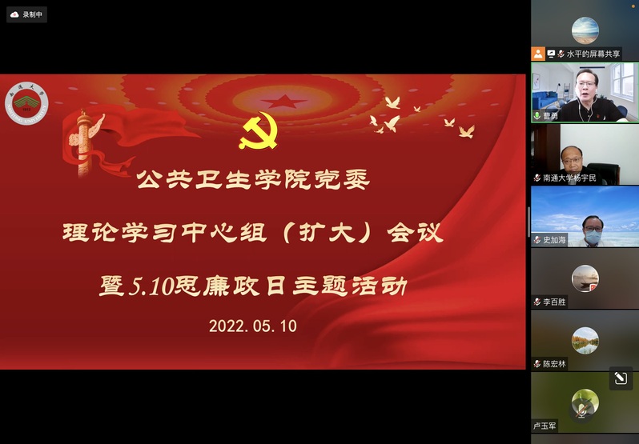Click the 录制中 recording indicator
pyautogui.click(x=27, y=14)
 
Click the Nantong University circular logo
pyautogui.click(x=26, y=103)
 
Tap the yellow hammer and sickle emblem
pyautogui.click(x=259, y=130)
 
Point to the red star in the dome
pyautogui.click(x=283, y=101)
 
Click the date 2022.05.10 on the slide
pyautogui.click(x=253, y=326)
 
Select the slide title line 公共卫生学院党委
pyautogui.click(x=253, y=179)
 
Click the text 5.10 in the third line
pyautogui.click(x=151, y=286)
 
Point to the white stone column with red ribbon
pyautogui.click(x=83, y=143)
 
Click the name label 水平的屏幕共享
pyautogui.click(x=593, y=54)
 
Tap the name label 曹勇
pyautogui.click(x=550, y=116)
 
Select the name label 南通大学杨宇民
pyautogui.click(x=569, y=178)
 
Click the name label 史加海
pyautogui.click(x=554, y=240)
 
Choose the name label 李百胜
pyautogui.click(x=554, y=302)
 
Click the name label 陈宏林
pyautogui.click(x=554, y=364)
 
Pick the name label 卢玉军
pyautogui.click(x=545, y=426)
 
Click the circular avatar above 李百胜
pyautogui.click(x=585, y=278)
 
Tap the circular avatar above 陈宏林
pyautogui.click(x=585, y=341)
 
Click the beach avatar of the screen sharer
pyautogui.click(x=585, y=30)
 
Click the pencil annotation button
pyautogui.click(x=621, y=378)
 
